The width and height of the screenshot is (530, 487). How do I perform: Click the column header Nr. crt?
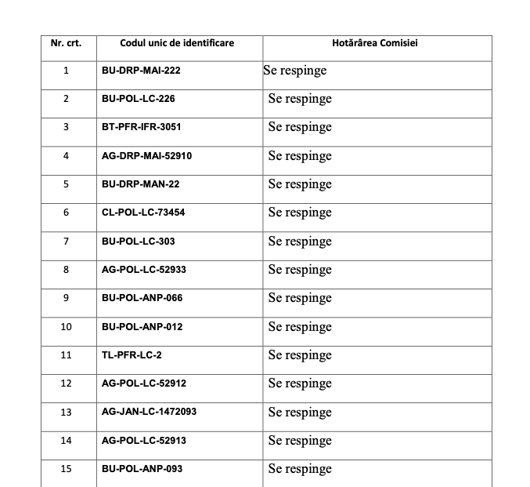click(66, 42)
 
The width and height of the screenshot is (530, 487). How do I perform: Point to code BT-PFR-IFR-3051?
click(141, 127)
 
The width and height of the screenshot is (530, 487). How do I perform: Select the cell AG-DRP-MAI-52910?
click(146, 156)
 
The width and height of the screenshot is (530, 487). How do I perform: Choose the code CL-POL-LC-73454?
click(143, 213)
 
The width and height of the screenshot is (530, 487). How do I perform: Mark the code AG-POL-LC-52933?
click(143, 270)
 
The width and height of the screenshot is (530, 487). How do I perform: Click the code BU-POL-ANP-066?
click(142, 298)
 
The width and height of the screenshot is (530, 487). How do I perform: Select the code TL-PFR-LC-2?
click(126, 355)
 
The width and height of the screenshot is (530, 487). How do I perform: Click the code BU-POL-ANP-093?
click(142, 469)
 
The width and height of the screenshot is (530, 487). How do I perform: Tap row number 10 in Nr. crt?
click(66, 326)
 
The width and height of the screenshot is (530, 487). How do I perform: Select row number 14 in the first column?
click(66, 441)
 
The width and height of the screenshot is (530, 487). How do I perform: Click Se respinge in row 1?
click(295, 71)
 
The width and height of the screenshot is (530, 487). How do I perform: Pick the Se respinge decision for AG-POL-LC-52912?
click(300, 383)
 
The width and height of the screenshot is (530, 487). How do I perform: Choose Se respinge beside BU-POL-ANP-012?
click(300, 326)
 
